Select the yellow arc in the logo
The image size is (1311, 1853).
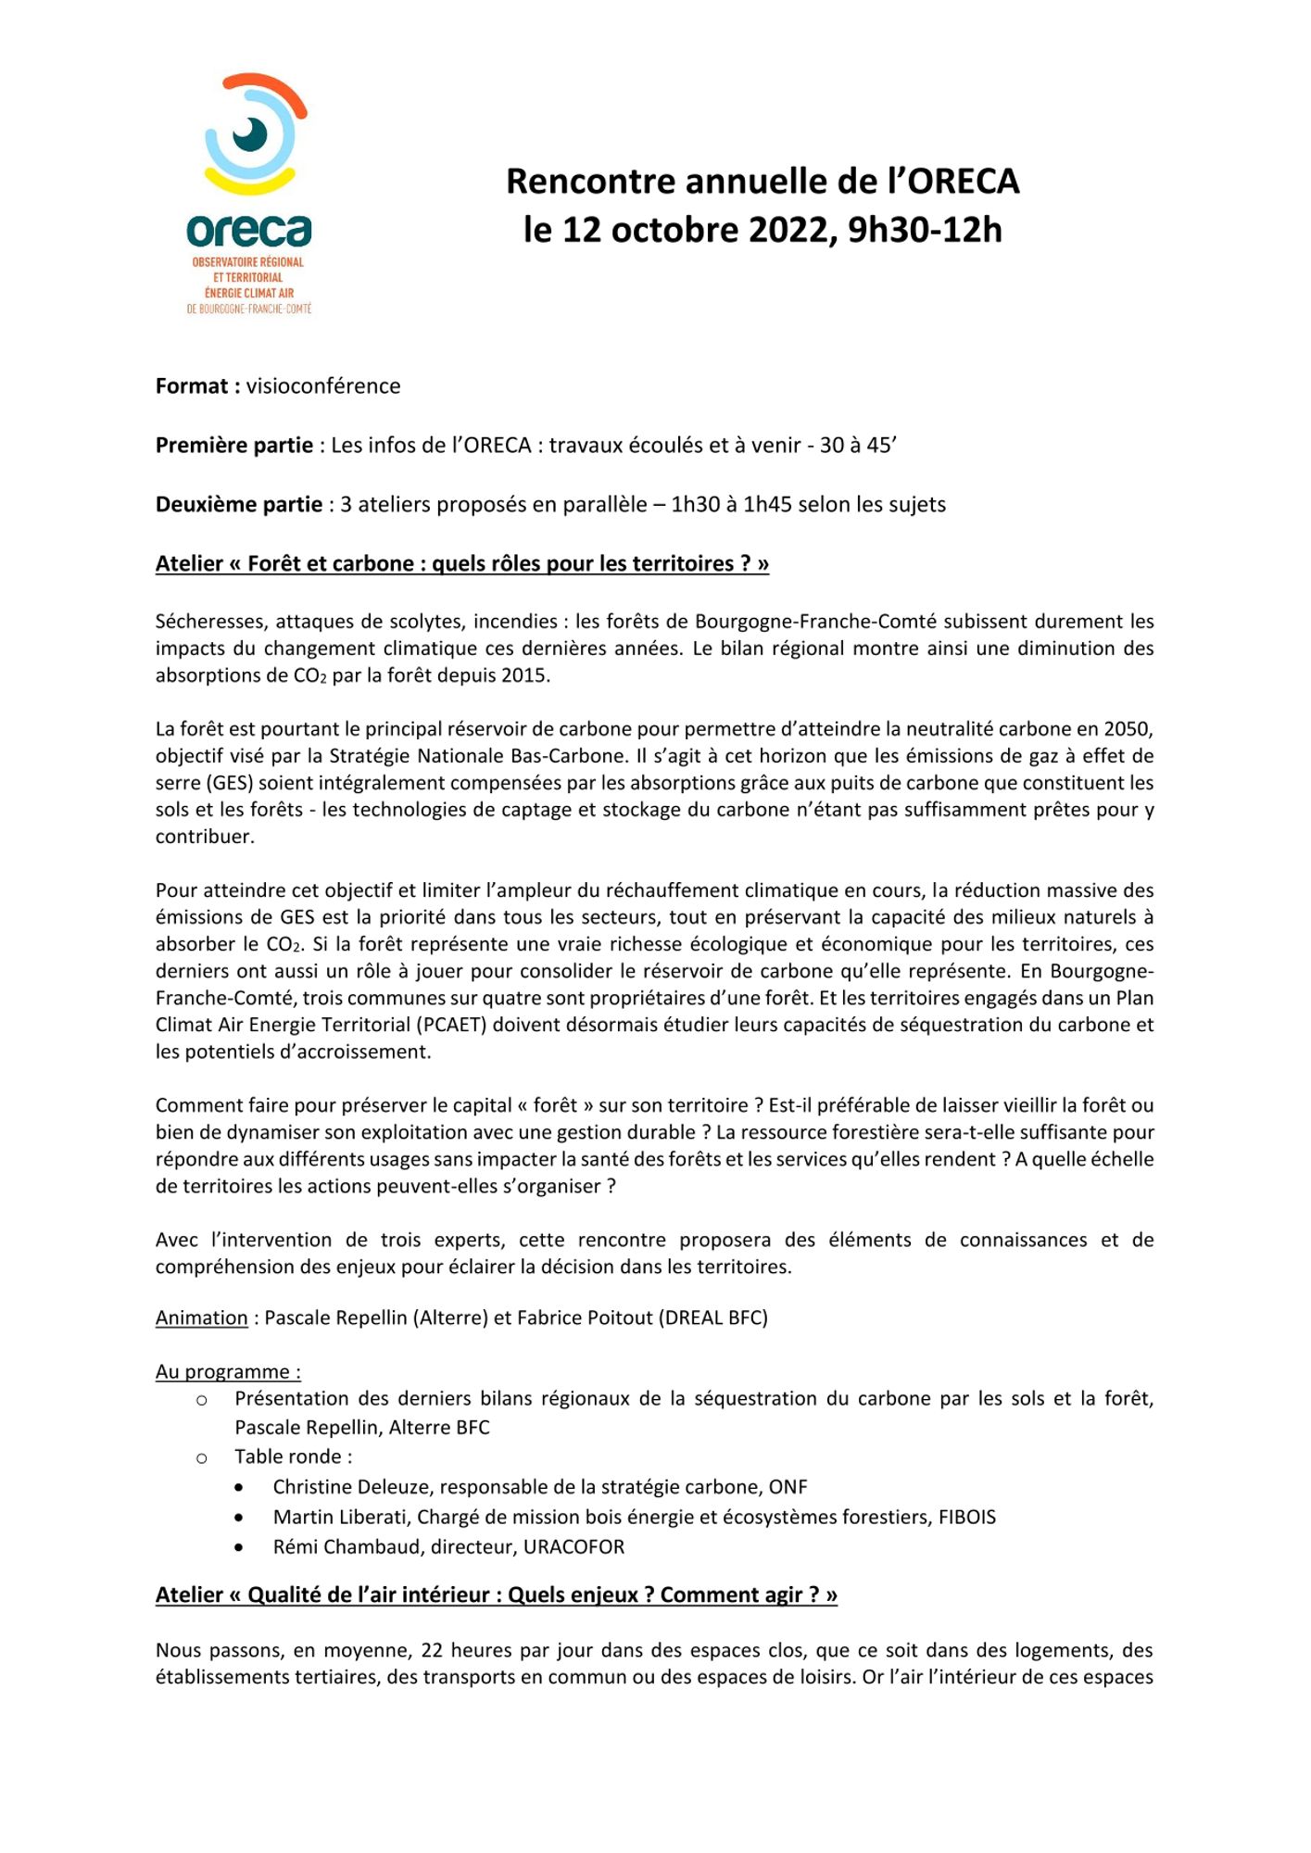[249, 182]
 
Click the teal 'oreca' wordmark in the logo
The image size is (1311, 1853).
[248, 231]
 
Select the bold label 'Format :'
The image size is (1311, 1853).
[197, 386]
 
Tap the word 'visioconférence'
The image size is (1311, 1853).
[323, 386]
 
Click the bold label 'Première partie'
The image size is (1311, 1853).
[233, 446]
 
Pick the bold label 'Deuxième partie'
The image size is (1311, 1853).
[238, 505]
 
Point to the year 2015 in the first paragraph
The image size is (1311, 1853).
[524, 675]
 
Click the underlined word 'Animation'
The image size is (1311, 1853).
[201, 1318]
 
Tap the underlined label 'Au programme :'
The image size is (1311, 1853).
[228, 1372]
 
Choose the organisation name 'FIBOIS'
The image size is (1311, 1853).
[966, 1517]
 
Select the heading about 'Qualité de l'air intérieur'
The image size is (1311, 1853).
[496, 1595]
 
